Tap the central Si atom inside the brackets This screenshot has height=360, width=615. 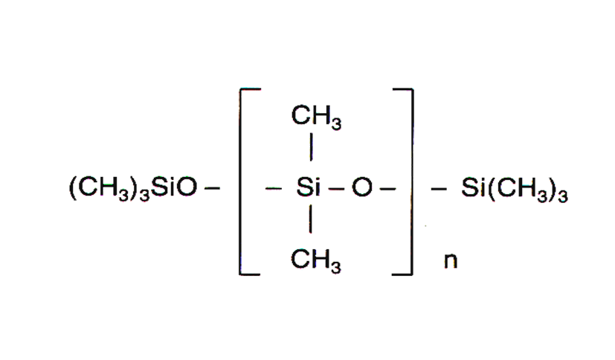click(308, 190)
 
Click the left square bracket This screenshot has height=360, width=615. click(242, 181)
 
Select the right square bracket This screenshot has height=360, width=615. click(410, 181)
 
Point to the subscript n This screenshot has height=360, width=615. click(449, 263)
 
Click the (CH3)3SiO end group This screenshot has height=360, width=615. click(134, 190)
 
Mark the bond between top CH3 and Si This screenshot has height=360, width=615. click(310, 148)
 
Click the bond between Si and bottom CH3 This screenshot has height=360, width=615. click(310, 224)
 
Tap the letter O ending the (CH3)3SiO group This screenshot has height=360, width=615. click(188, 190)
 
